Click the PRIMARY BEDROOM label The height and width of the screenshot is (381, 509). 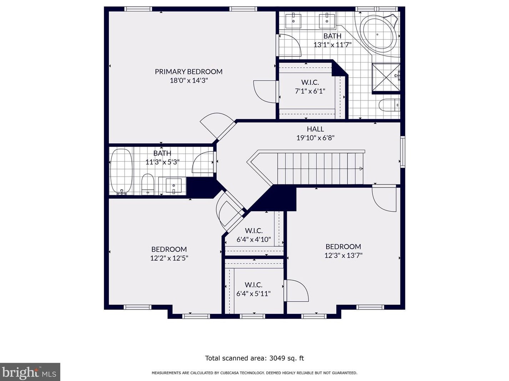(x=188, y=71)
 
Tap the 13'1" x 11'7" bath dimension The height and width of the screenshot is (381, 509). (x=333, y=45)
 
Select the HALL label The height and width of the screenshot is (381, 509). (x=316, y=129)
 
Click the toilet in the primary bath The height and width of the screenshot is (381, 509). (x=389, y=105)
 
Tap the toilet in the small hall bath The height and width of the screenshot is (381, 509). (x=148, y=183)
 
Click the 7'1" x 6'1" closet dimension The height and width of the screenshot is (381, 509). (x=310, y=91)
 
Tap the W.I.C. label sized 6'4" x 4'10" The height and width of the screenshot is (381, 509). (x=254, y=231)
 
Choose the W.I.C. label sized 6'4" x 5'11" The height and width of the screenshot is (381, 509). (x=253, y=285)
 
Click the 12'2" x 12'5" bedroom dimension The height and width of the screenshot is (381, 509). (x=169, y=258)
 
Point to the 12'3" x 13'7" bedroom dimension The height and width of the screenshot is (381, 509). (x=343, y=255)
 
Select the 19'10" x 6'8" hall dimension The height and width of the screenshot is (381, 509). (x=316, y=138)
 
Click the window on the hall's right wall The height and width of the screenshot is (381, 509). (x=403, y=152)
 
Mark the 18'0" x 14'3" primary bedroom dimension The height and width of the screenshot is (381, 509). (x=189, y=80)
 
